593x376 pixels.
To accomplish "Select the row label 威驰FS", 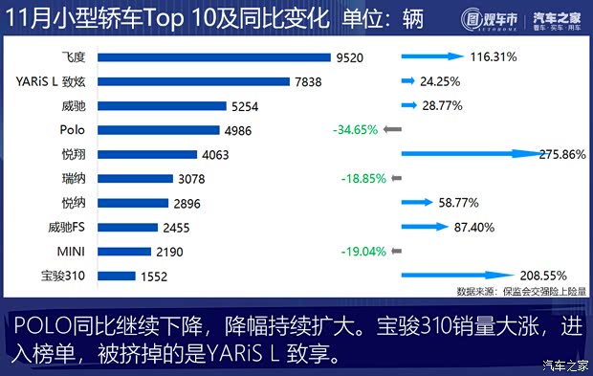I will coord(72,228).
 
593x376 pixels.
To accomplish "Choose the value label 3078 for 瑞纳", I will coord(191,179).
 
